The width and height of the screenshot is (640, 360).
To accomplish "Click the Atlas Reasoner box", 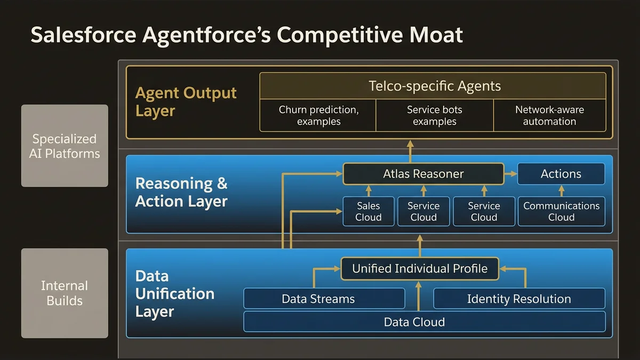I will click(423, 174).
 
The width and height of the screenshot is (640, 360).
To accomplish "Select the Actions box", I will click(561, 174).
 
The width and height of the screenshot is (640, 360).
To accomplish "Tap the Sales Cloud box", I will click(368, 211).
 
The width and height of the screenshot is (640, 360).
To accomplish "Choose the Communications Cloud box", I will click(561, 211).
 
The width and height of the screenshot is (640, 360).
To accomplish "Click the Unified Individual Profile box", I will click(420, 268).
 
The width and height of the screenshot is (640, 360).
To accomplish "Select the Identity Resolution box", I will click(519, 299).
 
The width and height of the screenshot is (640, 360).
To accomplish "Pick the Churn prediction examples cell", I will click(318, 115).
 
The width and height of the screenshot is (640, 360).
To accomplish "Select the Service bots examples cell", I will click(434, 115).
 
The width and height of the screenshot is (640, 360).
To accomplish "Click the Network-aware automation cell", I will click(549, 115).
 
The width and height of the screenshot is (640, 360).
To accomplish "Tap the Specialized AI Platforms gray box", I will click(65, 146).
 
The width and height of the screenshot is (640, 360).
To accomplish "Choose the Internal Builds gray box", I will click(65, 293).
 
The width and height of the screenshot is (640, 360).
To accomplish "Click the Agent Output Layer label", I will click(186, 101).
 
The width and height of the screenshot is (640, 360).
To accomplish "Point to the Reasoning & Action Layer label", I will click(181, 192).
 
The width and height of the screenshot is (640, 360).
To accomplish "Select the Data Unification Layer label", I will click(174, 293).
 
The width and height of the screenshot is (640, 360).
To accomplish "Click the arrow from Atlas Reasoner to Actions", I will click(510, 174).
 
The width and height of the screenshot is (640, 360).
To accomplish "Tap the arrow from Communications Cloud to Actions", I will click(561, 190).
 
